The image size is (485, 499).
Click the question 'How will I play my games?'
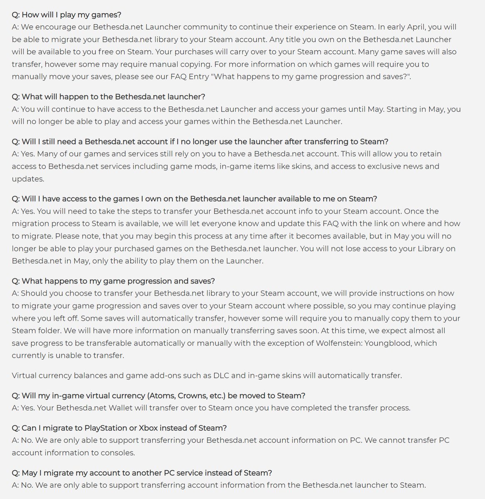pos(67,15)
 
